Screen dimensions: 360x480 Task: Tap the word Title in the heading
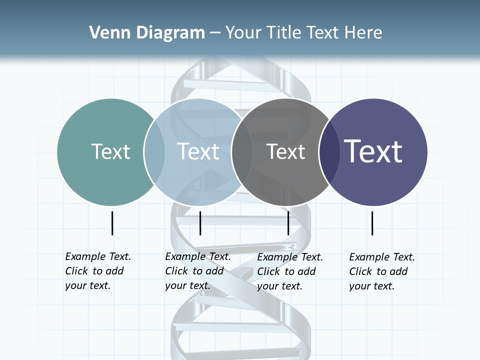click(x=283, y=32)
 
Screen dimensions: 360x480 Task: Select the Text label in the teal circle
click(x=110, y=151)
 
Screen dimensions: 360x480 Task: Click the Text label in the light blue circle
click(x=198, y=151)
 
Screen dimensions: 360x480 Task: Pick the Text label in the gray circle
click(x=285, y=151)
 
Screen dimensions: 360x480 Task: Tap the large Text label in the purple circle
click(x=373, y=151)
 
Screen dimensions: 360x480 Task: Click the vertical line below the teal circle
click(x=112, y=223)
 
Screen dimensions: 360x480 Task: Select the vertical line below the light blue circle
click(x=200, y=223)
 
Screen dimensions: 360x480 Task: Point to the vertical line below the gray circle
click(x=288, y=223)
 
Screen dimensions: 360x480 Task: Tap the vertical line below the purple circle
click(x=372, y=223)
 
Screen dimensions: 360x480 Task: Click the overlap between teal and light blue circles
click(x=154, y=151)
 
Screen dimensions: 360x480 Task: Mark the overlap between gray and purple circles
click(x=328, y=151)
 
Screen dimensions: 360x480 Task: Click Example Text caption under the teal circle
click(x=98, y=256)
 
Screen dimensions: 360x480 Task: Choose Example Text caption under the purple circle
click(x=382, y=257)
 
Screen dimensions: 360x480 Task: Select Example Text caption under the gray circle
click(x=290, y=257)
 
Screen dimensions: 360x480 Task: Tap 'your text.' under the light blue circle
click(x=187, y=286)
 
